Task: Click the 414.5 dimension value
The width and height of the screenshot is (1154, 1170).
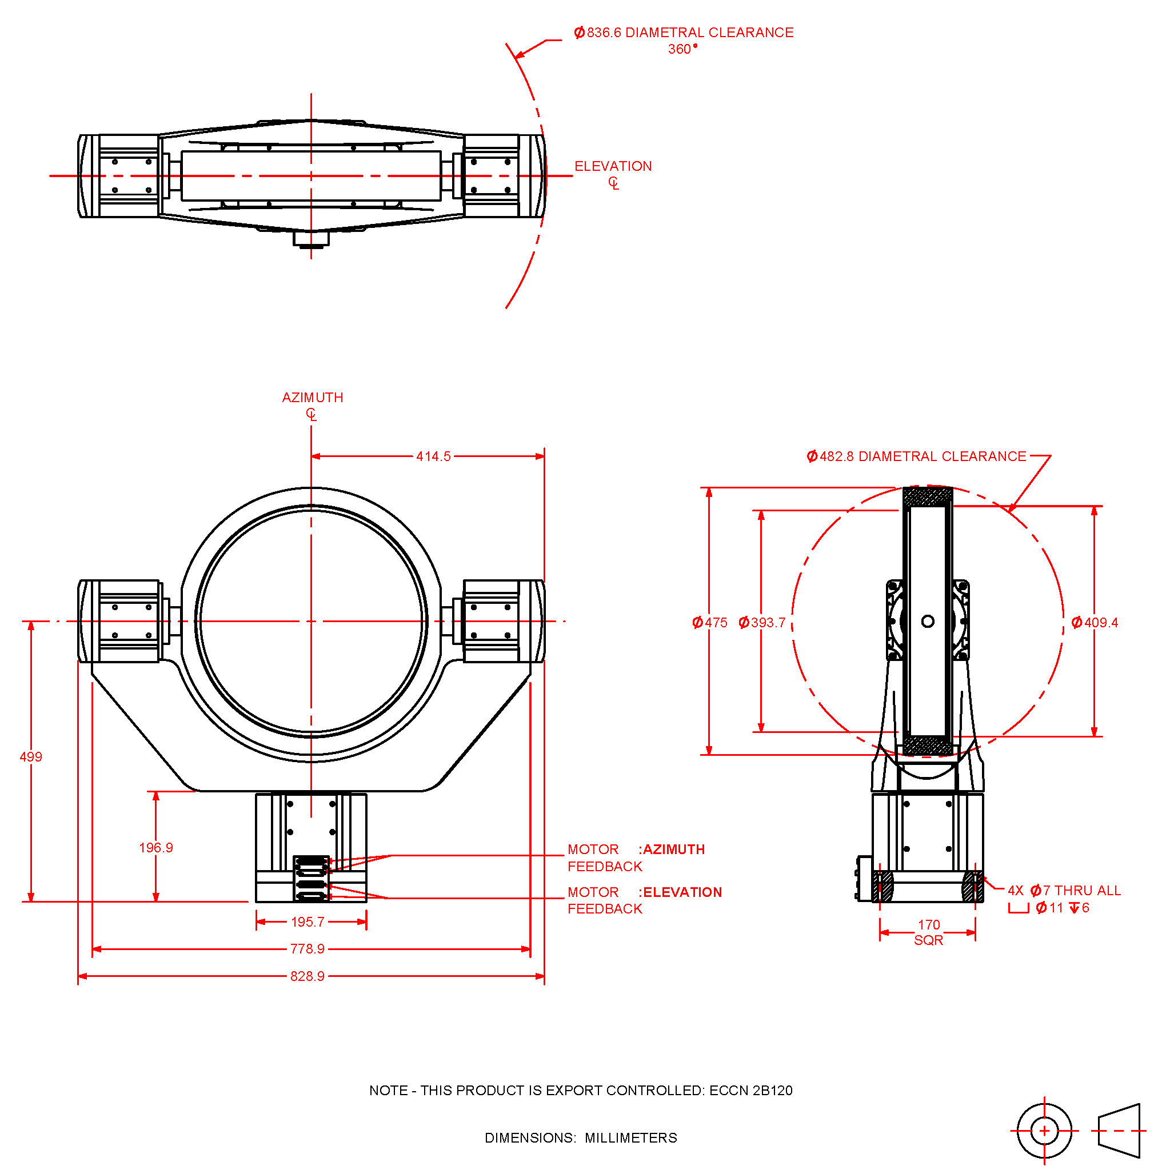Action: [433, 456]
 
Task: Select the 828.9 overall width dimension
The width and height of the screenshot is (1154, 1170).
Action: [307, 976]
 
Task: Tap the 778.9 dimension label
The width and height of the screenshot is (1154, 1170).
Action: [307, 949]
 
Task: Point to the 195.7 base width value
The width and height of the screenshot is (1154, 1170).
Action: [307, 922]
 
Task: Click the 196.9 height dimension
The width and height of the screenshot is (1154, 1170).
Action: [155, 848]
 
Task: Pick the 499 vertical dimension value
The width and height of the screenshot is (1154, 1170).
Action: [31, 757]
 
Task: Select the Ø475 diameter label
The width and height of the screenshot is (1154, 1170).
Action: [710, 623]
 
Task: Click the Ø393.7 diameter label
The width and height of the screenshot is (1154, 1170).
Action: [761, 623]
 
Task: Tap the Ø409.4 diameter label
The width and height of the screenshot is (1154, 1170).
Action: [1094, 623]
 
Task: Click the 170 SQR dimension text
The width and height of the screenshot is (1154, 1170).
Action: [929, 932]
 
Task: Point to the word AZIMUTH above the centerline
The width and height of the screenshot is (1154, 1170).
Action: [313, 398]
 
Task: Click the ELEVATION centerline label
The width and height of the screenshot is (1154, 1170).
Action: [613, 167]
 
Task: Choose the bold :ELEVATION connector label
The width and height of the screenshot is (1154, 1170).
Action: [680, 893]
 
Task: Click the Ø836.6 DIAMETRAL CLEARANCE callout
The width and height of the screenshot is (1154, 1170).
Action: [684, 33]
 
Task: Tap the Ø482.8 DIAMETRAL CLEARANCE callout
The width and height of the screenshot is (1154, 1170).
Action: [916, 456]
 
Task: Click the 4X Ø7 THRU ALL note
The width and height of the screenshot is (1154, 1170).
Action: [1064, 891]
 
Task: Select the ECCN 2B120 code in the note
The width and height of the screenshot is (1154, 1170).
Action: [750, 1091]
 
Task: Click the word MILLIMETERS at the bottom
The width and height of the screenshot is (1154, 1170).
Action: [630, 1139]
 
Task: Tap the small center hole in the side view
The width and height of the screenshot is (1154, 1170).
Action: [928, 622]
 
